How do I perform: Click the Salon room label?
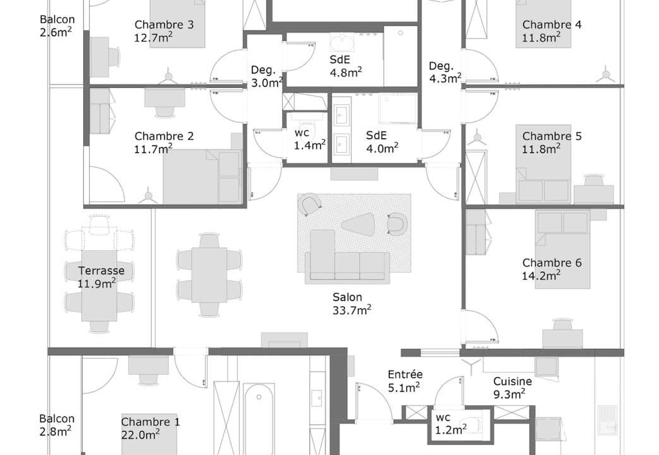tap(347, 297)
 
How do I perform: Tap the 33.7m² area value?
tap(352, 310)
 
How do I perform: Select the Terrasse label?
tap(101, 270)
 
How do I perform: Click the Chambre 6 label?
tap(552, 263)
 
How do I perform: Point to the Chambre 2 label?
tap(164, 136)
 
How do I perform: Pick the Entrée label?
tap(405, 374)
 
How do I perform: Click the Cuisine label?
tap(513, 381)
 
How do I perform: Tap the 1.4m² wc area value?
tap(310, 145)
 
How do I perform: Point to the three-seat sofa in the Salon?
tap(347, 266)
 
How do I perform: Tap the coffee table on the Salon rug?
tap(359, 224)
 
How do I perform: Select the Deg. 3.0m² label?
tap(267, 76)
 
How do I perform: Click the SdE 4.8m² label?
tap(345, 66)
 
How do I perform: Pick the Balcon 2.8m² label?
tap(57, 425)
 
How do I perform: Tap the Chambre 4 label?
tap(552, 25)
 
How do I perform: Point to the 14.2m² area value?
tap(542, 276)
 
